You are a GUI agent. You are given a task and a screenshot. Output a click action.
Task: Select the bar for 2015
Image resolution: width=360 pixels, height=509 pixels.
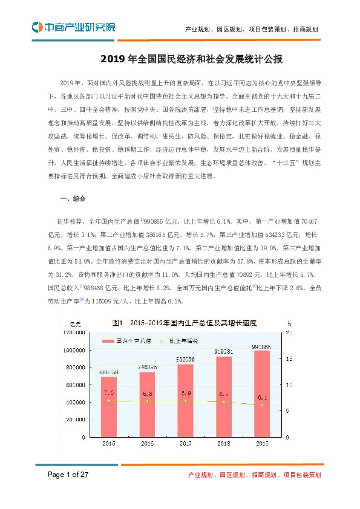coord(109,406)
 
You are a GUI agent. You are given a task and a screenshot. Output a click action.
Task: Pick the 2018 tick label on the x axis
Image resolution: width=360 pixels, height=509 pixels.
coord(224,444)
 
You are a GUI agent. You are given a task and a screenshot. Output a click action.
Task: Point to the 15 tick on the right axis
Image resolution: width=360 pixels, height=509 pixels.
coord(289,358)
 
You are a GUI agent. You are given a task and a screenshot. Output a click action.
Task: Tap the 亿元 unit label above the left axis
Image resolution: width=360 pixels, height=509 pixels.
coord(75,323)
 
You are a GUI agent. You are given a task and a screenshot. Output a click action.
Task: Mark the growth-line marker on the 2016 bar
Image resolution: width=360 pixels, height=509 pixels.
coord(147,401)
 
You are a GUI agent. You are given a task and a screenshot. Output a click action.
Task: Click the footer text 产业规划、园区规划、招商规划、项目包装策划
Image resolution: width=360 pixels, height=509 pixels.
coord(255,476)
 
